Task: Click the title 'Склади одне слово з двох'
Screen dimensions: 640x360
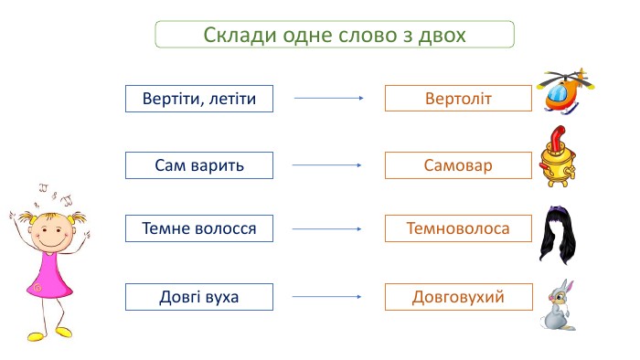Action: pos(335,34)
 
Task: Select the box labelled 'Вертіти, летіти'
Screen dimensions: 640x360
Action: pos(199,99)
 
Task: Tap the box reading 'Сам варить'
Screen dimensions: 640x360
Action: pos(199,165)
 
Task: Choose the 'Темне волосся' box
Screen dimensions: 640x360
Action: pos(199,228)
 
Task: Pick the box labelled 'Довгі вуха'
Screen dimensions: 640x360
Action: pos(199,297)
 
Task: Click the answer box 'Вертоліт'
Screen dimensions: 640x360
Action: pos(458,99)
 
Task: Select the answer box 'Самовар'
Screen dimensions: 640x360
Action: pos(458,165)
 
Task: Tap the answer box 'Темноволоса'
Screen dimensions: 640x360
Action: pos(458,228)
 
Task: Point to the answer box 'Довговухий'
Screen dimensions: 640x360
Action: pos(458,297)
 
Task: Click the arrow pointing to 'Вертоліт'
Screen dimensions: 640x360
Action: pos(328,98)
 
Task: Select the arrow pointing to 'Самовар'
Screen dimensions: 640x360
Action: pos(327,165)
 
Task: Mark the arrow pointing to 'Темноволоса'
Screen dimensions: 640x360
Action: pos(327,229)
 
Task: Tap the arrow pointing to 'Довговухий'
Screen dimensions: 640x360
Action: pos(327,296)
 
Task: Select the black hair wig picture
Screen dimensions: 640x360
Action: pos(557,237)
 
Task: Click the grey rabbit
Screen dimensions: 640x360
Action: pos(558,306)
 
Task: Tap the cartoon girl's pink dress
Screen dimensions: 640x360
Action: pos(49,274)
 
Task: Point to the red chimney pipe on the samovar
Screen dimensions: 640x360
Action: pos(558,137)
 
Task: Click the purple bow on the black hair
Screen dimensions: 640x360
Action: pos(557,210)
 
